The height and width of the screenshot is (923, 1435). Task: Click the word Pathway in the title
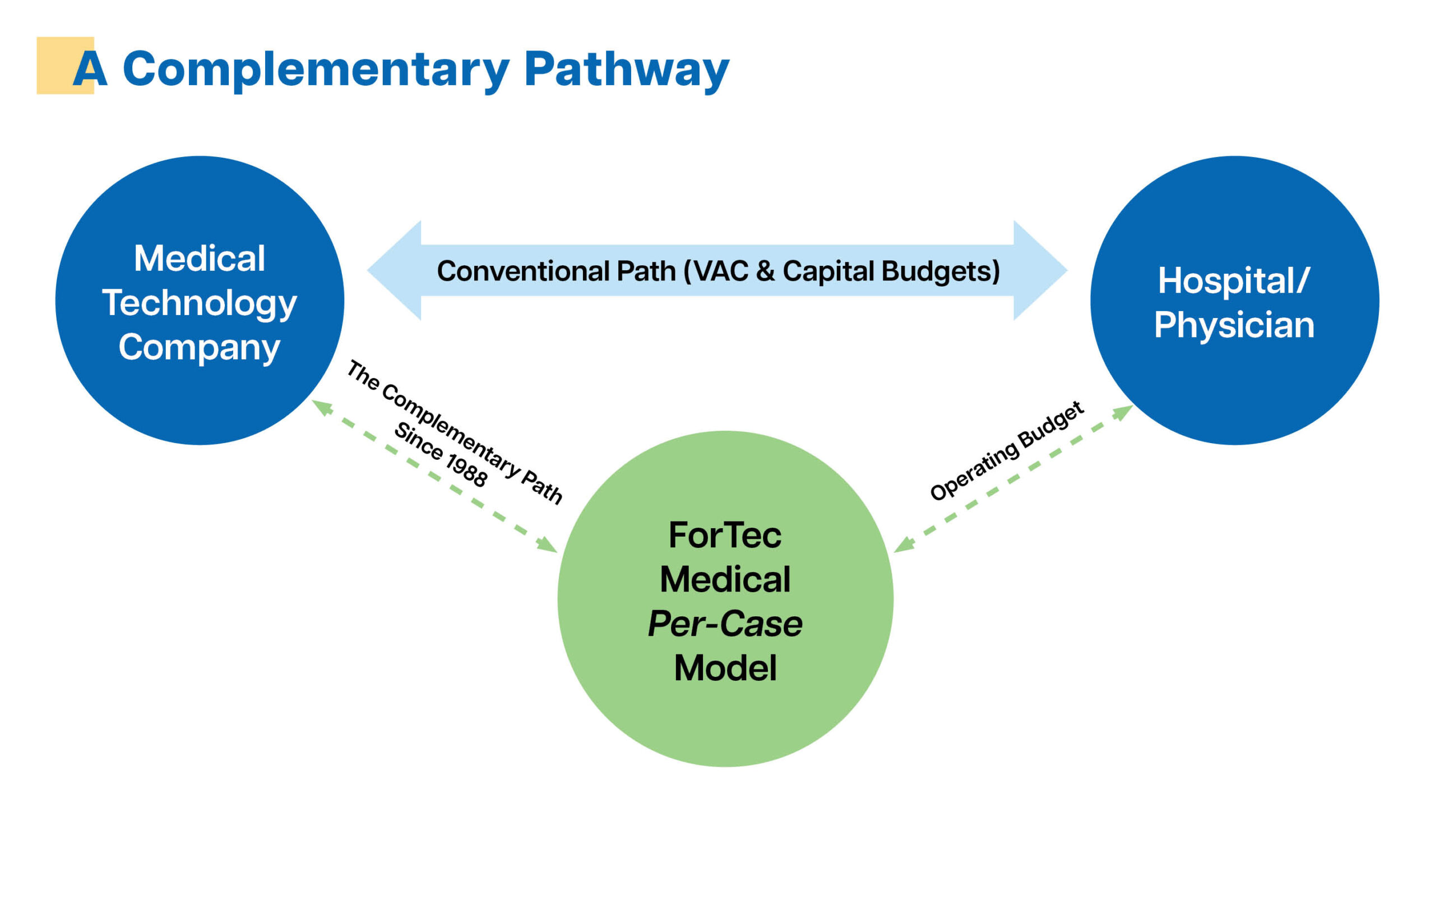[x=626, y=69]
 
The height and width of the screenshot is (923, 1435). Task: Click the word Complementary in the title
[x=316, y=69]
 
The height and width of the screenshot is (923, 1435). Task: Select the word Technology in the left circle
[x=200, y=303]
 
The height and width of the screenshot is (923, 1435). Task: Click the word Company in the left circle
[x=200, y=348]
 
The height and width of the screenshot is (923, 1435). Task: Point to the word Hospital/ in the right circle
[x=1234, y=280]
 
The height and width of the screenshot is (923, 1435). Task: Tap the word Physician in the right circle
[x=1234, y=325]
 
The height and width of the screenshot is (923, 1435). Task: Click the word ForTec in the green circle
[x=725, y=535]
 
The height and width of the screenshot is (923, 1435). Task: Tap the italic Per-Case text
[x=725, y=624]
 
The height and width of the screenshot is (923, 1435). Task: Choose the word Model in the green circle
[x=725, y=668]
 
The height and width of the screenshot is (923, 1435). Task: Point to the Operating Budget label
[x=1006, y=451]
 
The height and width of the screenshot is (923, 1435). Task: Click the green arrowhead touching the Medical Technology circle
[x=322, y=407]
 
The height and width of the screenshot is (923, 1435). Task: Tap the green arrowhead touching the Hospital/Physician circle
[x=1122, y=412]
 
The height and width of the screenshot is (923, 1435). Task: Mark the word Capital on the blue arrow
[x=828, y=271]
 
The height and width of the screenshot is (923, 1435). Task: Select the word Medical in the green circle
[x=725, y=580]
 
